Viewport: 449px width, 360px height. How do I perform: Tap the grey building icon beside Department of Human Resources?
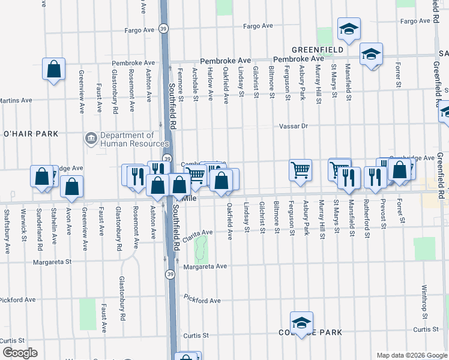click(91, 139)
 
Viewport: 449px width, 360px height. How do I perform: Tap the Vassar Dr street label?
click(294, 127)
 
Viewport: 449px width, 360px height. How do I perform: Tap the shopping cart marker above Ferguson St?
click(300, 169)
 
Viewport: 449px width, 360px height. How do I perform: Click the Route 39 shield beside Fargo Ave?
click(163, 28)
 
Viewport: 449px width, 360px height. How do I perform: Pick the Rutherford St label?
click(367, 223)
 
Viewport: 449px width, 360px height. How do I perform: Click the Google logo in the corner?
click(20, 353)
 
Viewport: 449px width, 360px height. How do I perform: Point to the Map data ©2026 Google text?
click(411, 355)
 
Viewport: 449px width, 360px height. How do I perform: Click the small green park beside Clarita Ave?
click(201, 245)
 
